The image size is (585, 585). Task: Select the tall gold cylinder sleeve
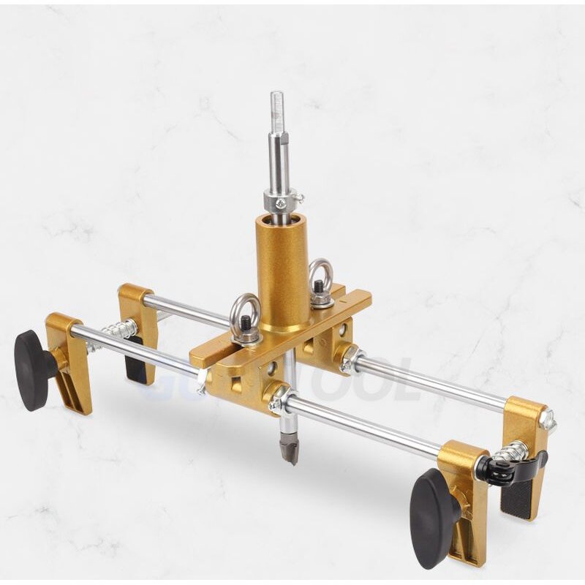point(282,271)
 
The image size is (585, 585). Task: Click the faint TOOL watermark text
point(366,380)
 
